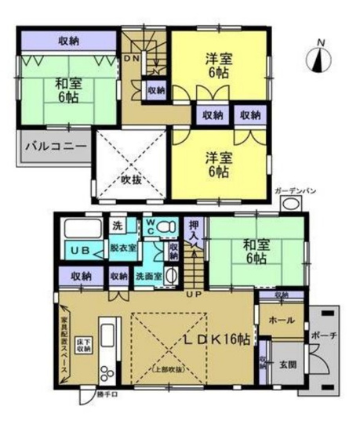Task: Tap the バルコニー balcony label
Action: [53, 145]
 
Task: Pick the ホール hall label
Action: [282, 321]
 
